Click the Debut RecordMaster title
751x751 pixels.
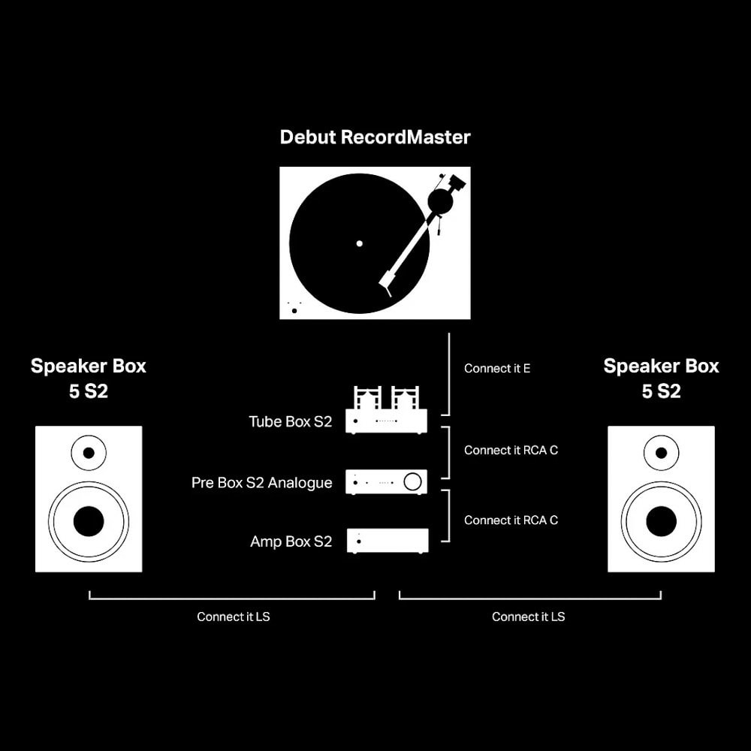(375, 137)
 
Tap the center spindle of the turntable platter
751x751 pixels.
(359, 243)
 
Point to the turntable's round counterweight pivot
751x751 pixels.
(440, 201)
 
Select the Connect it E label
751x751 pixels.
(497, 368)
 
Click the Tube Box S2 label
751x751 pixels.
(290, 421)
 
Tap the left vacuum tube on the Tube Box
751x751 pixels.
(368, 398)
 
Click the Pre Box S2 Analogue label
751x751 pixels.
(261, 482)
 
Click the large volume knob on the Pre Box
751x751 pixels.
(413, 482)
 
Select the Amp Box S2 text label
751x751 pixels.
(291, 541)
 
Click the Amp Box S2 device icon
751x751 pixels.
(388, 541)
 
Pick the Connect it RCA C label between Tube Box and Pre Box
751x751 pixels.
(511, 450)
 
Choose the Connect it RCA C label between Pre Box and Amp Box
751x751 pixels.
(511, 520)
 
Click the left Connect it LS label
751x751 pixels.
(234, 617)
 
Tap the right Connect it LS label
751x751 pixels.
(528, 617)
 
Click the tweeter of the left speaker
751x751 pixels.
(89, 453)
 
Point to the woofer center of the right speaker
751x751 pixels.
(662, 522)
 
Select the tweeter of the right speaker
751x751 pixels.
(662, 453)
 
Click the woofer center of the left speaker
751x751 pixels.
(89, 522)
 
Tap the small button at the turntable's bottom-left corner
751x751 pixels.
(294, 311)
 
